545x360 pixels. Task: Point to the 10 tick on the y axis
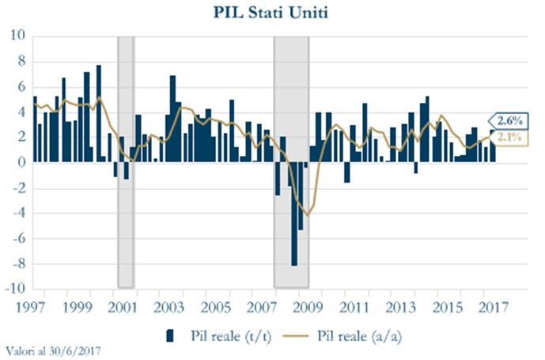[17, 36]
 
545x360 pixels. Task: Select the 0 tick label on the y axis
[21, 163]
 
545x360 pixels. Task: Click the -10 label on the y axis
[14, 289]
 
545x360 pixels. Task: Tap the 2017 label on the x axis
[492, 306]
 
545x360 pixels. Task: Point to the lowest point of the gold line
[307, 215]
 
